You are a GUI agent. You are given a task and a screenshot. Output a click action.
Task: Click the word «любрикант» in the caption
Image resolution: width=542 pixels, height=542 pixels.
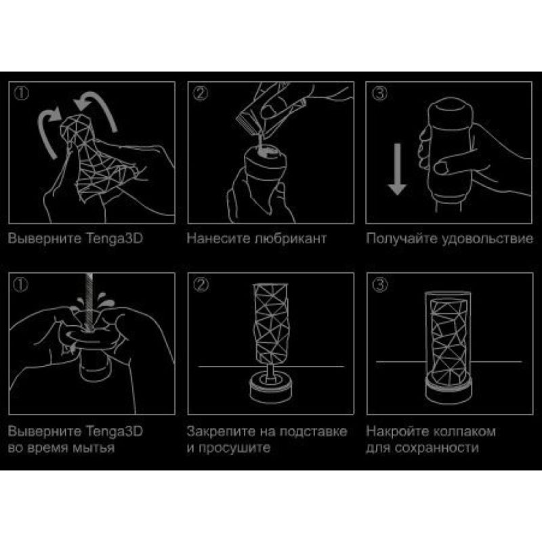(291, 239)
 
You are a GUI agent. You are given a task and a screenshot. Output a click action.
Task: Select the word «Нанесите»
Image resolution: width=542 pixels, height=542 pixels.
(218, 238)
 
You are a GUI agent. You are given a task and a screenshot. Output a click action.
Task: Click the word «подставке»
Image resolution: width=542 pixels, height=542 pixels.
(313, 432)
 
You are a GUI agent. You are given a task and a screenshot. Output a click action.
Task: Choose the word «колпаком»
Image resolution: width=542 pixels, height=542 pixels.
(465, 432)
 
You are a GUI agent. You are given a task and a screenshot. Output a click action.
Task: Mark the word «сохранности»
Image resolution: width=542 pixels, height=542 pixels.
(436, 448)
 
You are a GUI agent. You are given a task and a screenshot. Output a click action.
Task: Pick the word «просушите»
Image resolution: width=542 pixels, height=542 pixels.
(234, 449)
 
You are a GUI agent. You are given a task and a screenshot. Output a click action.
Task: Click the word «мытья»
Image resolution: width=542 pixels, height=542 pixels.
(93, 448)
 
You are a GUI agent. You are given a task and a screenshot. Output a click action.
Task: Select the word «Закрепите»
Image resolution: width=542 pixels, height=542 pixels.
(219, 432)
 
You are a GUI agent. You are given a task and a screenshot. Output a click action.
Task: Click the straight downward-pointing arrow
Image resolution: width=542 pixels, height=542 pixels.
(397, 169)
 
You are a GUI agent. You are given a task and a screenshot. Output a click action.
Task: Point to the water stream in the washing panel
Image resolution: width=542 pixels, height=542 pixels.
(89, 301)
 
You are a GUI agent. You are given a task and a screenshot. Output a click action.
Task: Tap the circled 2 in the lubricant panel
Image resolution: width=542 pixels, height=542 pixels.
(201, 93)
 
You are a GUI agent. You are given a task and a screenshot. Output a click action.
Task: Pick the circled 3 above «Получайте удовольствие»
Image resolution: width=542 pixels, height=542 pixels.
(379, 93)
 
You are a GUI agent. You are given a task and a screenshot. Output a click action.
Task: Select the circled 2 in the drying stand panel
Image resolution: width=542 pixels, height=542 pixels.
(201, 285)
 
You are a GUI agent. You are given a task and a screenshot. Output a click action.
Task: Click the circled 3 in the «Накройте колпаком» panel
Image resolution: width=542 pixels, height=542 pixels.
(380, 285)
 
